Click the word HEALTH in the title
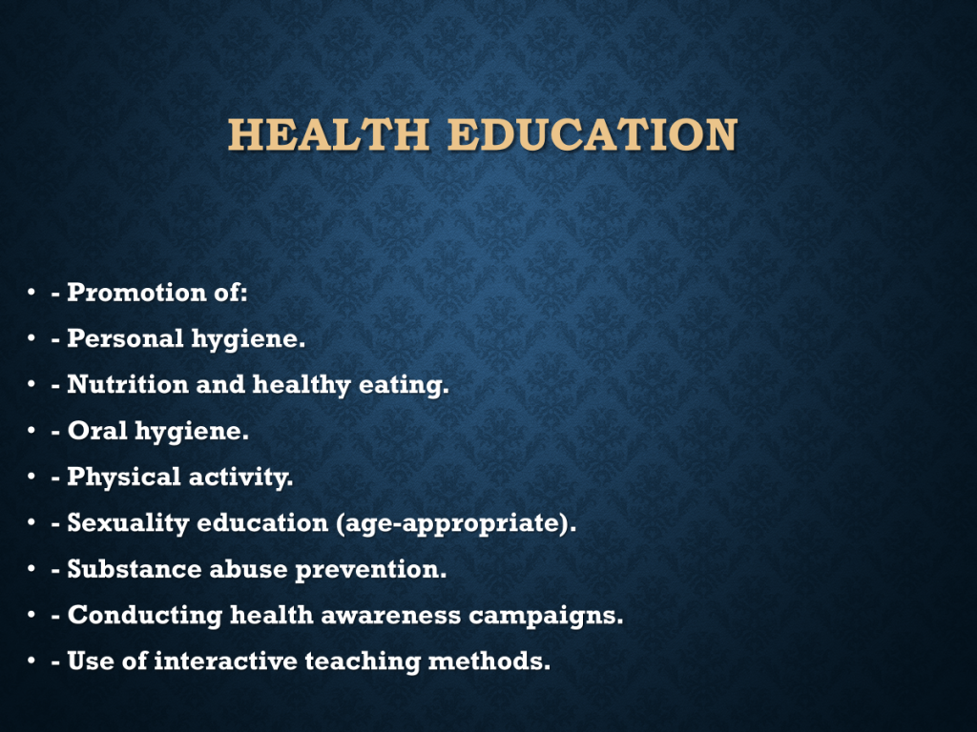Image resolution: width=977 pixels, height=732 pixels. (x=328, y=134)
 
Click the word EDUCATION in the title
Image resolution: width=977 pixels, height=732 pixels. (x=592, y=134)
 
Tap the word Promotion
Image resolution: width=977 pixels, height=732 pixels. (x=136, y=292)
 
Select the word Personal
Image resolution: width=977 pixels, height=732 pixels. (x=125, y=338)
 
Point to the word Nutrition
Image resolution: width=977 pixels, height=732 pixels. (x=128, y=384)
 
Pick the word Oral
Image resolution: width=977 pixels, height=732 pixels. (x=97, y=430)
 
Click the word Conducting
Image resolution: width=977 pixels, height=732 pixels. (x=145, y=616)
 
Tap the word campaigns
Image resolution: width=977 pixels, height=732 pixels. (x=546, y=616)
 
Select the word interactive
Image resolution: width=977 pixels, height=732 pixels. (x=225, y=661)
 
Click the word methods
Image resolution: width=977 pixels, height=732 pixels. (x=489, y=661)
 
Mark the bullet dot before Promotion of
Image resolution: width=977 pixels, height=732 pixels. (x=31, y=292)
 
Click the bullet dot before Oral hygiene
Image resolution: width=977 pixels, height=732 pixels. (x=31, y=430)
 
